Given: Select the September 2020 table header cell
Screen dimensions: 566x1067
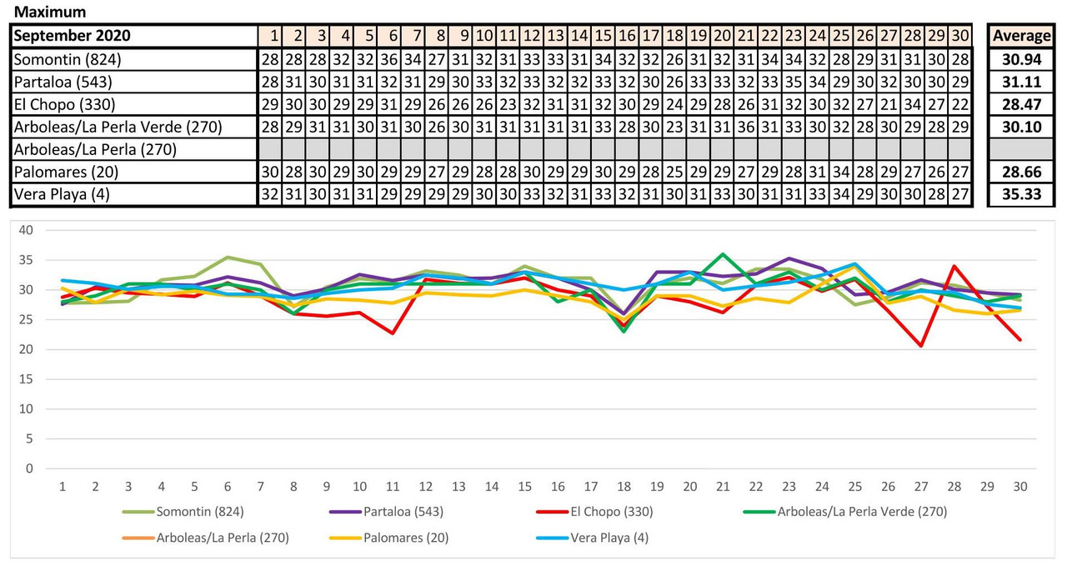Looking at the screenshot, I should coord(72,36).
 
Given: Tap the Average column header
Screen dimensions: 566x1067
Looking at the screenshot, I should coord(1021,36).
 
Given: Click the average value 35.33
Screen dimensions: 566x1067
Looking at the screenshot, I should coord(1021,195).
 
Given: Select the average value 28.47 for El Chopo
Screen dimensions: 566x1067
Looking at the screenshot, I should coord(1021,104).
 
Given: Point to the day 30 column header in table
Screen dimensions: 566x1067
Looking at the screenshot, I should coord(960,36).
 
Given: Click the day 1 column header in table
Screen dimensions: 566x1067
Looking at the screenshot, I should coord(271,36).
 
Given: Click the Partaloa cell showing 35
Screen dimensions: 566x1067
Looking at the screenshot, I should coord(793,82).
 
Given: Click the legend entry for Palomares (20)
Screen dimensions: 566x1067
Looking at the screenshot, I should coord(405,538).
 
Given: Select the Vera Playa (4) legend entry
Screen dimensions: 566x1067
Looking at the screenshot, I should coord(608,538).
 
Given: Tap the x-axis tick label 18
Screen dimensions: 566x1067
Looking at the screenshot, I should coord(624,486).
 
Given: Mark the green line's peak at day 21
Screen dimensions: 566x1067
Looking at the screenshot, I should coord(723,254).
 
